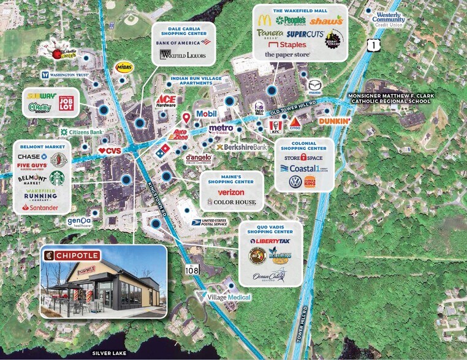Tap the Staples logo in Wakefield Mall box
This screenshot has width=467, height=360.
tap(287, 45)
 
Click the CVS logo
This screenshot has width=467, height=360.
tap(110, 150)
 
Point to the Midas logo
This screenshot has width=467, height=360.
tap(124, 67)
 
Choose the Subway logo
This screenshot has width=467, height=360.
tap(39, 96)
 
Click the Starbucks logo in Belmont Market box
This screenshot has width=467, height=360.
tap(57, 178)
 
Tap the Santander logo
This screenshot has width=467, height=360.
tap(40, 208)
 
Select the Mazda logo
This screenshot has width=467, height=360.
tap(314, 84)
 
